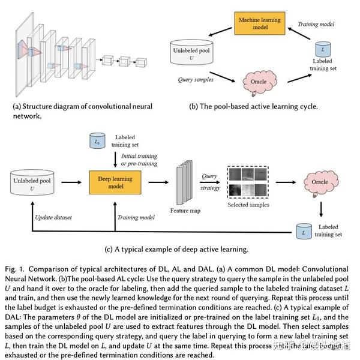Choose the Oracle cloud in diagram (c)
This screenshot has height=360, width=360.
click(x=319, y=179)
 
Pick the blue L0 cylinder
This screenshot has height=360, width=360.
click(x=97, y=143)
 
